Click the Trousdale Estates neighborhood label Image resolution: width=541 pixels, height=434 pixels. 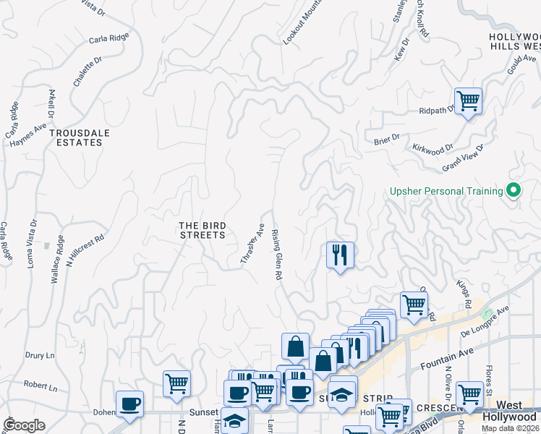point(76,137)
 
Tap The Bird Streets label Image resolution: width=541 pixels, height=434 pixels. point(203,230)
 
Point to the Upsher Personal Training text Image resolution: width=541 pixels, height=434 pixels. point(446,191)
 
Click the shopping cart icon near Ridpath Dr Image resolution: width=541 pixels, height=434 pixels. point(468,100)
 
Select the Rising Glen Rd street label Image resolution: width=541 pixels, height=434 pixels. point(276,252)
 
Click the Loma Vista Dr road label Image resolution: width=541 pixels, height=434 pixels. point(31,244)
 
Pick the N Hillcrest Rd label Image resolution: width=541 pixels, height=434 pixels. point(86,247)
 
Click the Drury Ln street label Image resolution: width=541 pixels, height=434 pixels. point(40,356)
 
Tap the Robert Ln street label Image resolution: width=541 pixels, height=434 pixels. point(40,386)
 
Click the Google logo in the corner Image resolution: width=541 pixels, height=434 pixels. point(24,425)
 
